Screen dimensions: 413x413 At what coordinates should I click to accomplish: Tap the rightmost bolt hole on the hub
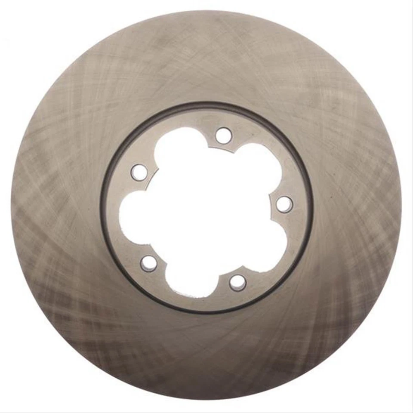[284, 204]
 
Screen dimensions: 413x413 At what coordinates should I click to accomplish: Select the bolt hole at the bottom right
[237, 283]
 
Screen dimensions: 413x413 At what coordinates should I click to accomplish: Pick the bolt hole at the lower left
[149, 263]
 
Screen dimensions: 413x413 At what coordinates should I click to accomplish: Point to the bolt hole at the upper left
[139, 173]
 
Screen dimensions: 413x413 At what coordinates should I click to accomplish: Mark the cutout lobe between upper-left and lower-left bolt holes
[133, 215]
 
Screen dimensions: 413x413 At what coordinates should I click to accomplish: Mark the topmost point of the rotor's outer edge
[206, 10]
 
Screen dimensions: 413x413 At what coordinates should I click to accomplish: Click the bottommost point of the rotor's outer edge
[206, 402]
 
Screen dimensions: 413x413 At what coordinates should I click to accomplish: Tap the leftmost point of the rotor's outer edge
[11, 206]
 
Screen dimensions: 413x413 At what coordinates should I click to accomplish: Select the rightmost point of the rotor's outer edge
[402, 206]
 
